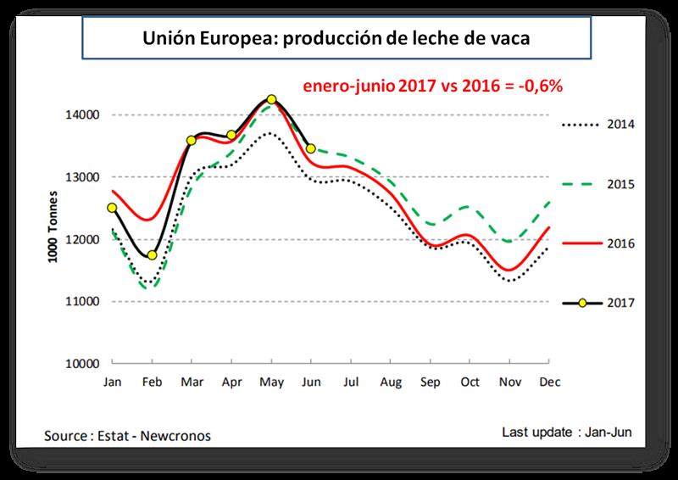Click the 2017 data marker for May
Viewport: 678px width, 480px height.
(271, 99)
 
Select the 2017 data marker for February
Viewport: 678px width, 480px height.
(152, 255)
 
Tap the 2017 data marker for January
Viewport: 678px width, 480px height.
(112, 207)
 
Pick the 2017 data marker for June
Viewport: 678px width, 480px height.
(310, 148)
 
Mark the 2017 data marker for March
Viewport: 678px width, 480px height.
(192, 140)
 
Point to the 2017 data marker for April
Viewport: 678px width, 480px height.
(231, 135)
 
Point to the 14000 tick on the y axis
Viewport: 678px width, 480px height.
(85, 114)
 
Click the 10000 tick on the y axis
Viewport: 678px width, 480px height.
(85, 364)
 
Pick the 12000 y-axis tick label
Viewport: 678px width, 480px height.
(85, 239)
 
